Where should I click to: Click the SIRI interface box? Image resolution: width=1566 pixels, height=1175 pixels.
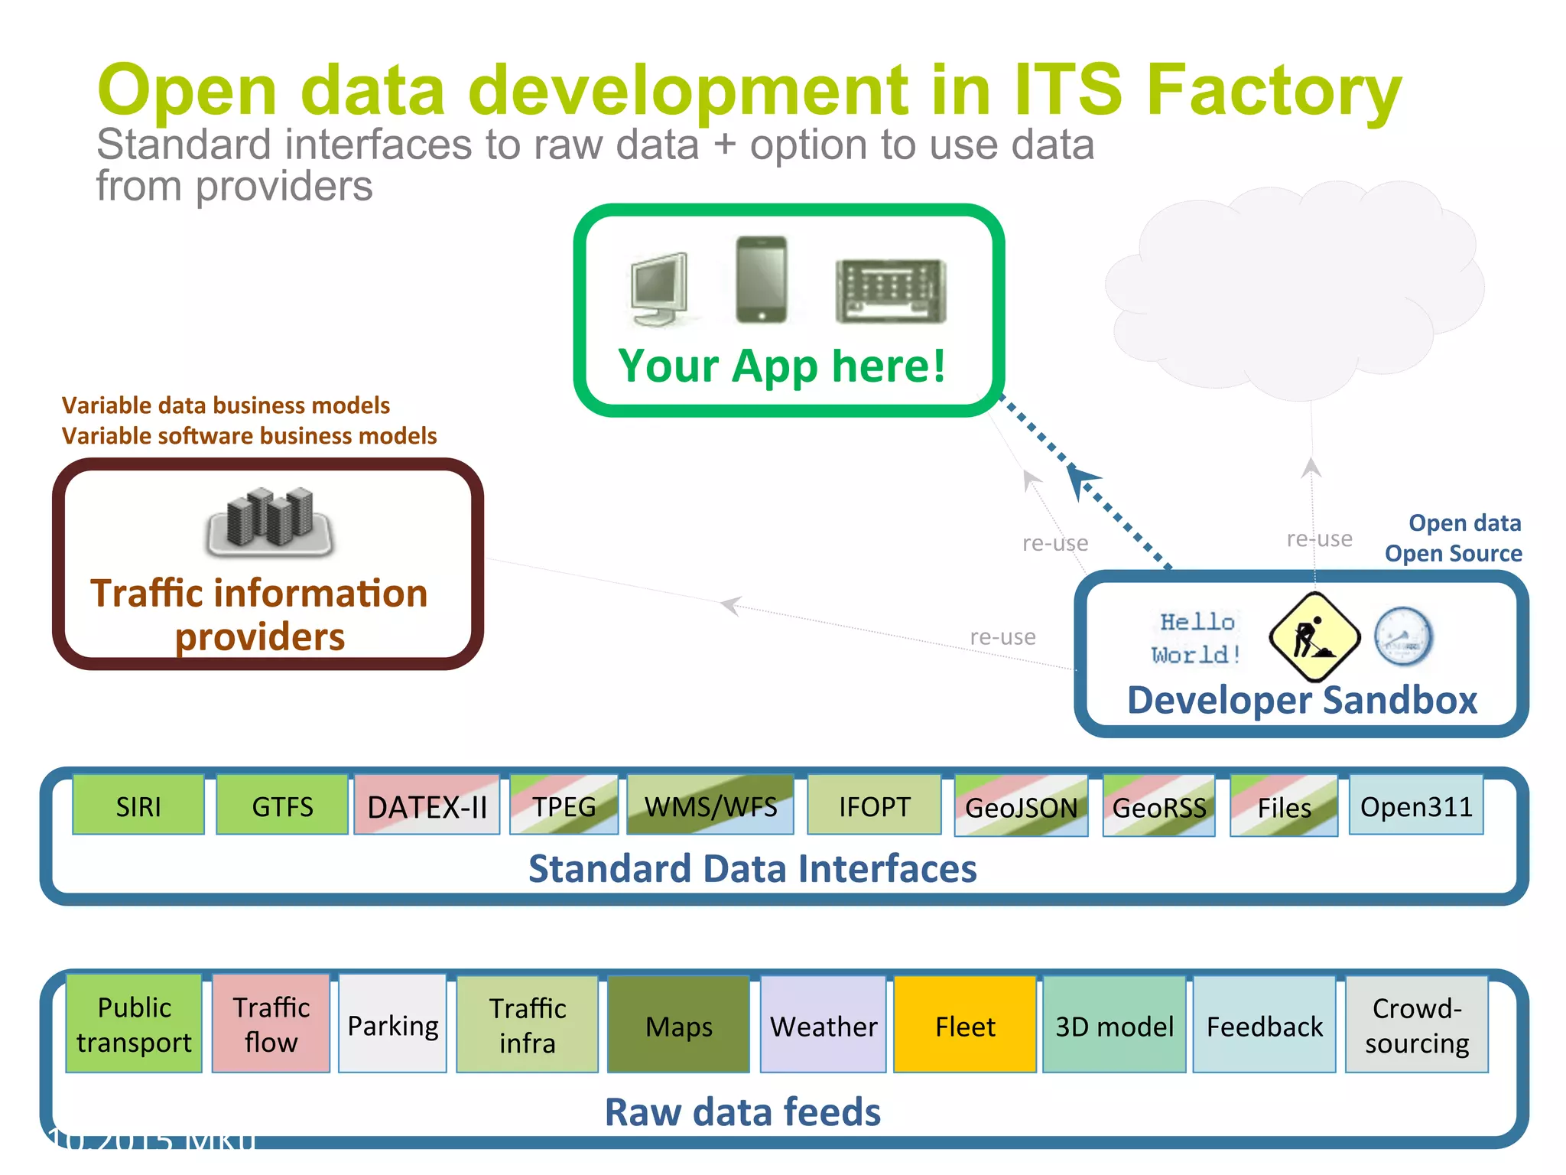(138, 806)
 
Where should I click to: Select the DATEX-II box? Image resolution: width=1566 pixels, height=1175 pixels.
(427, 806)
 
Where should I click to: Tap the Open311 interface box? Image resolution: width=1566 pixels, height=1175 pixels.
(1416, 806)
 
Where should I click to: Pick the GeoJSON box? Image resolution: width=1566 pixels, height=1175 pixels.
(1021, 806)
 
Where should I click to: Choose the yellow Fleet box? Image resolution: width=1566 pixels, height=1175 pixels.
(965, 1025)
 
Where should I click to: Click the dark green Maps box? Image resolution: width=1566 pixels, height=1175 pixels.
(678, 1025)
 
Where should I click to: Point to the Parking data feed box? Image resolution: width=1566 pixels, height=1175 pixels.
(392, 1024)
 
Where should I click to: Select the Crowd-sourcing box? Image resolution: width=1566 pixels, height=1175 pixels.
(1417, 1025)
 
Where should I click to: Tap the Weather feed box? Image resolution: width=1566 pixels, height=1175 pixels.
(824, 1025)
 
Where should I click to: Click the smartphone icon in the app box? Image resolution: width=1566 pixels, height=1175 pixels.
(761, 280)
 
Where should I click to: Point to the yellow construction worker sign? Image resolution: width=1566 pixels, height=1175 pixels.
(1314, 636)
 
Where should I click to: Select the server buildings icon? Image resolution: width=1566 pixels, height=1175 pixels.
(270, 520)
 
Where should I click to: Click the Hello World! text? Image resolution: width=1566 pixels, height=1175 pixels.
(1197, 638)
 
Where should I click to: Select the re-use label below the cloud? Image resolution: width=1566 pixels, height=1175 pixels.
(1319, 539)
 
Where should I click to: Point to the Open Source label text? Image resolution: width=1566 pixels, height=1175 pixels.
(1453, 553)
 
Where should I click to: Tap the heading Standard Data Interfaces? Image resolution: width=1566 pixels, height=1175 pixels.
(752, 868)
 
